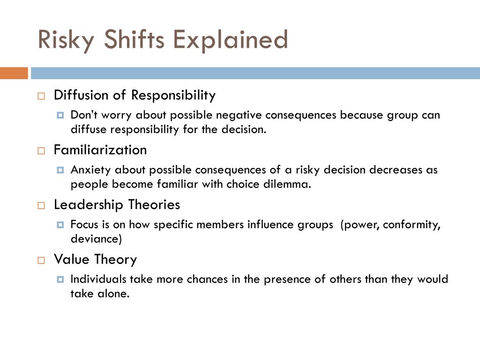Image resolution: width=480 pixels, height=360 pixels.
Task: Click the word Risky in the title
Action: (66, 40)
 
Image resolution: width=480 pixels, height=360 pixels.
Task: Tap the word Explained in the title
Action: (231, 40)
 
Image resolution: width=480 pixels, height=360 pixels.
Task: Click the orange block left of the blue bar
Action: (14, 73)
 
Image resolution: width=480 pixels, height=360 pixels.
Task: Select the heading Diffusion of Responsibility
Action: (135, 95)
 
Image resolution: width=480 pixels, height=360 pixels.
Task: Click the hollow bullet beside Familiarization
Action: (41, 151)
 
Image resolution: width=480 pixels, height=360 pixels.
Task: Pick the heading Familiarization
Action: (100, 150)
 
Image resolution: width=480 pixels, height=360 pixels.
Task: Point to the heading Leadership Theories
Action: (117, 205)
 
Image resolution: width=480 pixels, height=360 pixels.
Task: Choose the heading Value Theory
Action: (95, 260)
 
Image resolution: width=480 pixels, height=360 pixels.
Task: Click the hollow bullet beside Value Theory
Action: (41, 261)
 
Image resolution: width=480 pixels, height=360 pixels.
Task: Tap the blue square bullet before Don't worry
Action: (60, 115)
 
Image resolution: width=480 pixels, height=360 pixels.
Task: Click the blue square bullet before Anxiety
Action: (60, 170)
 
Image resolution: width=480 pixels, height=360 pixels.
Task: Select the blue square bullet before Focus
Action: (60, 225)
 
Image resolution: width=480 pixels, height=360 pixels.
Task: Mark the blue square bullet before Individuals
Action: (60, 279)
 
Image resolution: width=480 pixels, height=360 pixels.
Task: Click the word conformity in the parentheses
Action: (412, 225)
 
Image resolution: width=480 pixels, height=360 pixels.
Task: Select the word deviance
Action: (96, 239)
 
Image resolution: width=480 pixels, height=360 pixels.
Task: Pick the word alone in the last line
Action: (113, 293)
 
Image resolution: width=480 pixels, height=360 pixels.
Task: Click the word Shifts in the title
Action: (134, 39)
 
